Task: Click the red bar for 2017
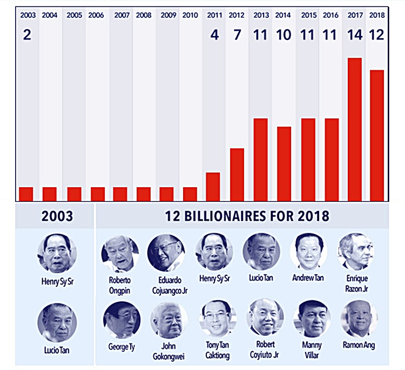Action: (354, 129)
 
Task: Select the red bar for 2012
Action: (237, 174)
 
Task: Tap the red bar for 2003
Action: (26, 193)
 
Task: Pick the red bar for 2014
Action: (284, 163)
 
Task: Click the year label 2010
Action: (190, 15)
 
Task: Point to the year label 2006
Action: (96, 15)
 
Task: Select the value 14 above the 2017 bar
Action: (354, 36)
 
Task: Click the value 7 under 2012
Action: (237, 36)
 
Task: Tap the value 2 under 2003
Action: (26, 36)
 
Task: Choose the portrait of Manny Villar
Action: (312, 320)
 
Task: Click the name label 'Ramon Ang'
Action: (359, 345)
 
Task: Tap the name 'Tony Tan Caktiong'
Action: (215, 349)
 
